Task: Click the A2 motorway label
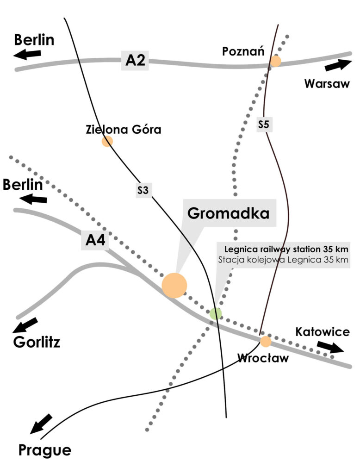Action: [x=135, y=61]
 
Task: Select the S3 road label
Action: [x=144, y=189]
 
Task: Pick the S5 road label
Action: [x=264, y=125]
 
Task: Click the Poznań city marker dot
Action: [x=276, y=61]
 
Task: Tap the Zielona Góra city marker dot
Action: [x=107, y=141]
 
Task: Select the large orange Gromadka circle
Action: [x=174, y=285]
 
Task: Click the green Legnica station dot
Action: [x=216, y=313]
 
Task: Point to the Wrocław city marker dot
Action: [x=266, y=342]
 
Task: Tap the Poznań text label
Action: [x=243, y=51]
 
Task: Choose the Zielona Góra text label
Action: [x=124, y=129]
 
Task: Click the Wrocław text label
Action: [x=262, y=358]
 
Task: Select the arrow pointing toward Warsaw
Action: [x=338, y=65]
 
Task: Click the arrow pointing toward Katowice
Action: [x=330, y=347]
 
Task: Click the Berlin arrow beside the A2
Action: [x=27, y=55]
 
